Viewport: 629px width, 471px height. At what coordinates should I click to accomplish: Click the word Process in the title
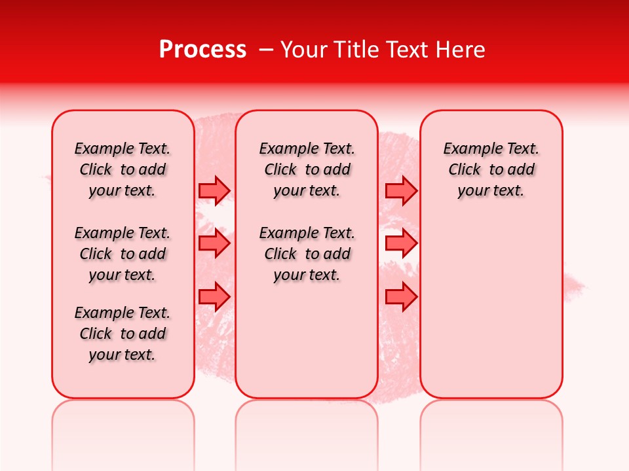coord(202,50)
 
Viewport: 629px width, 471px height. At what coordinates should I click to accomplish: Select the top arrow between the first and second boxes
coord(214,190)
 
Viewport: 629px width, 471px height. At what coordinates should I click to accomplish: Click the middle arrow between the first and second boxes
coord(214,244)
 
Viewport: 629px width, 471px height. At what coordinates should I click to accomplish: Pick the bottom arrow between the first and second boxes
coord(214,296)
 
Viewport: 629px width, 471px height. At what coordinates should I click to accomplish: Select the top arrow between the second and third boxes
coord(401,190)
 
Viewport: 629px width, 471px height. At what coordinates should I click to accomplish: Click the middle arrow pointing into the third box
coord(401,244)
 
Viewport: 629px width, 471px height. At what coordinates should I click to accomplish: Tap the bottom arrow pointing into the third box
coord(401,296)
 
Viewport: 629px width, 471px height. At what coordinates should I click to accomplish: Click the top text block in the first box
coord(123,169)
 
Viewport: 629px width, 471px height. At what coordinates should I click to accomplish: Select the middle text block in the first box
coord(123,254)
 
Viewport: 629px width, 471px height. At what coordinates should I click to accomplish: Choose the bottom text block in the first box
coord(123,334)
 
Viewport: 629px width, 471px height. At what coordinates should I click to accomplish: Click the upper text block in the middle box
coord(307,169)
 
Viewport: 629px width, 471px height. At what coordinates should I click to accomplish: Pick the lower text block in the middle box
coord(307,254)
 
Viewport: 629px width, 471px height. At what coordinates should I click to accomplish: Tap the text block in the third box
coord(491,169)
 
